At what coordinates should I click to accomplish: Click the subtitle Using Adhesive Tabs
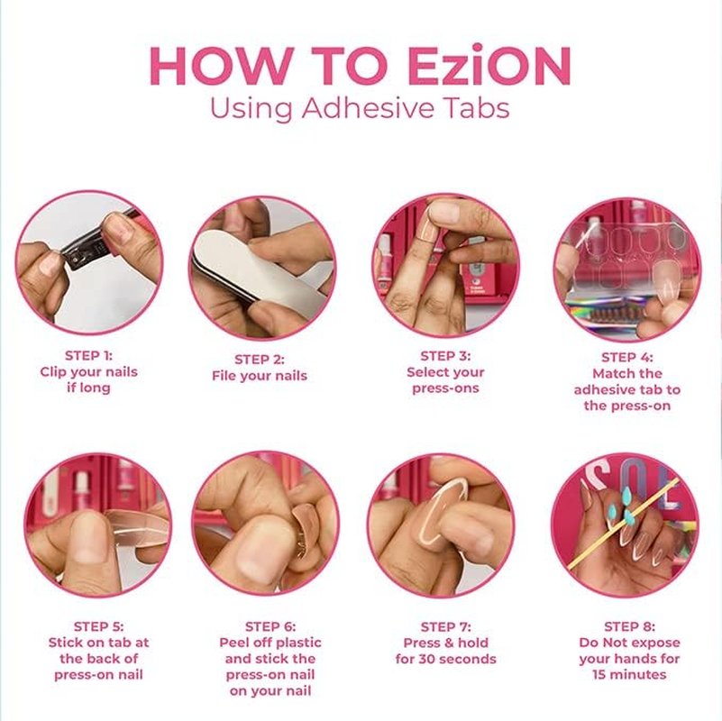[x=360, y=108]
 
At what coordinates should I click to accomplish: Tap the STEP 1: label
[x=88, y=355]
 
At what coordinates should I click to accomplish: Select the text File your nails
[x=260, y=375]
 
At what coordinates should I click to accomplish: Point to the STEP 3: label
[x=445, y=356]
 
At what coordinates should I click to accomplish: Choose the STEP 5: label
[x=98, y=626]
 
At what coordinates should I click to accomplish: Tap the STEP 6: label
[x=270, y=626]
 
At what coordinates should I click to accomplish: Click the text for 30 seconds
[x=445, y=659]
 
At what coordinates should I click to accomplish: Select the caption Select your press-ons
[x=445, y=380]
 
